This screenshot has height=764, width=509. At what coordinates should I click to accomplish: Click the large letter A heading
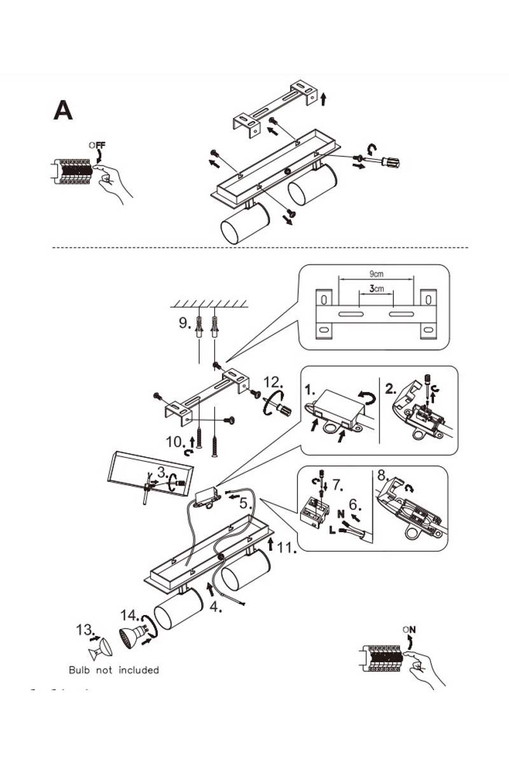(x=63, y=111)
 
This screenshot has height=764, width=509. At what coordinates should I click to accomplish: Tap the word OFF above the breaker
(x=97, y=145)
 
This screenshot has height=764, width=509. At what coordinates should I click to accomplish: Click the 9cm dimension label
(x=377, y=274)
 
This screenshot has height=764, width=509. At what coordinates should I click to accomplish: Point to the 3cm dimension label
(x=377, y=289)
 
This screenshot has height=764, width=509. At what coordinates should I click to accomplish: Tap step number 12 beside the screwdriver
(x=274, y=383)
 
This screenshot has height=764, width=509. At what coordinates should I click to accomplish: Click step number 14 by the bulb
(x=130, y=616)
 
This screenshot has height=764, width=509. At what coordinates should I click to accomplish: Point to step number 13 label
(x=85, y=630)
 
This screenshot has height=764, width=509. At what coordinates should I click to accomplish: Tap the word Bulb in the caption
(x=79, y=670)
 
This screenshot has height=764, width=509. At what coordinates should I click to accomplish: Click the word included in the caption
(x=139, y=670)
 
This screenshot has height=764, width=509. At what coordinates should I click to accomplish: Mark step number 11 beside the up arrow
(x=286, y=548)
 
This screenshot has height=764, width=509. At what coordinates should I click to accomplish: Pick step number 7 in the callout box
(x=337, y=485)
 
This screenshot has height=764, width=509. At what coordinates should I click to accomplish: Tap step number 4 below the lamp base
(x=216, y=607)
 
